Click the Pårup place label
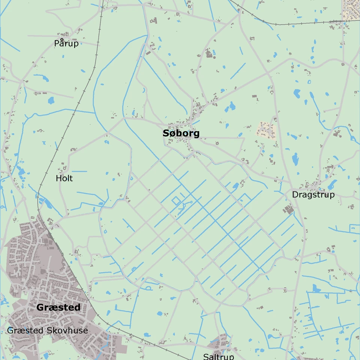click(x=66, y=43)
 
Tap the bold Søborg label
click(x=181, y=133)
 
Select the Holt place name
click(x=64, y=178)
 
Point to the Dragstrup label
click(x=313, y=195)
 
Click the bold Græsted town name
click(x=58, y=308)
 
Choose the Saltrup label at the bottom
click(x=218, y=356)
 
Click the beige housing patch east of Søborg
click(x=267, y=131)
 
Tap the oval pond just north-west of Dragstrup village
click(x=295, y=160)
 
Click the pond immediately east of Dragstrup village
click(x=332, y=185)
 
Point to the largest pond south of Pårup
click(x=51, y=100)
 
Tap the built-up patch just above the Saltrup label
click(x=218, y=343)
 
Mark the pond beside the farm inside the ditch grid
click(x=235, y=185)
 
